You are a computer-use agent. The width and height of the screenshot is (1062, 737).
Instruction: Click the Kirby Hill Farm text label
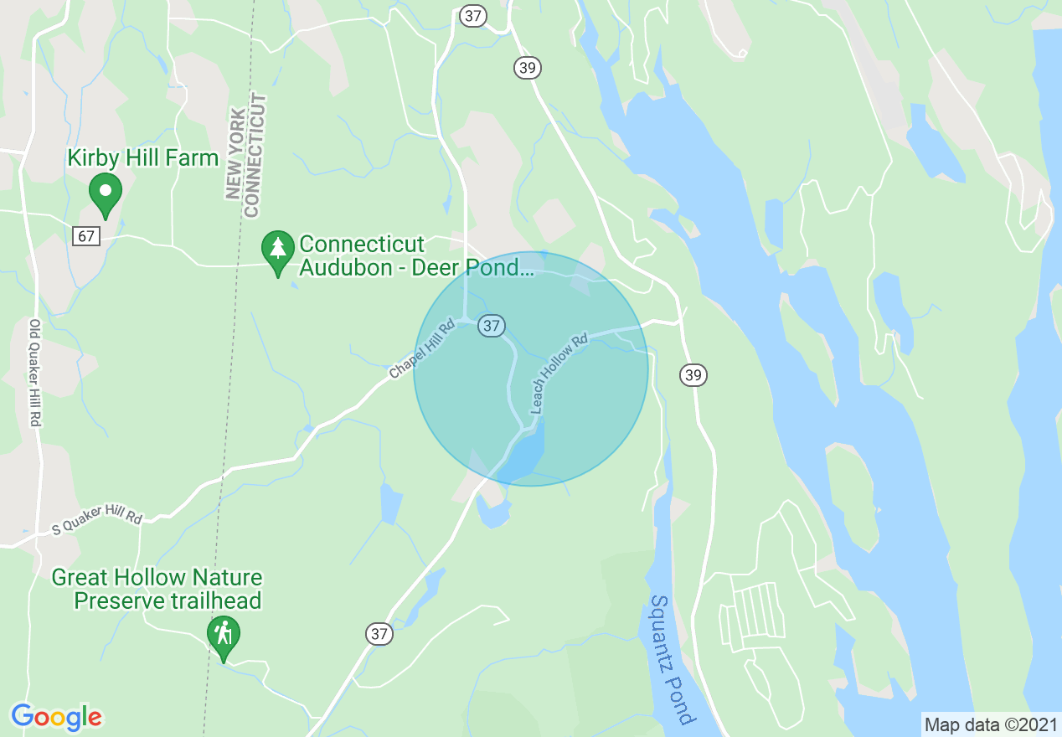(142, 157)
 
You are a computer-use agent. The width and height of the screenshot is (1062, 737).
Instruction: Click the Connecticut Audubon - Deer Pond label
(415, 256)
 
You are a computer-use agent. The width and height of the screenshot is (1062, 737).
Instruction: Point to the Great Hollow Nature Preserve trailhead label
(157, 589)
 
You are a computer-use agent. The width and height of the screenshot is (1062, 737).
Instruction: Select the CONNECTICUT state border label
(256, 155)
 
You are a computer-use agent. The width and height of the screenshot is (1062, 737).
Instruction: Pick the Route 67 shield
(86, 236)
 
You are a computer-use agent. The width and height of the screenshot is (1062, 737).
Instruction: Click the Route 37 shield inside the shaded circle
(492, 325)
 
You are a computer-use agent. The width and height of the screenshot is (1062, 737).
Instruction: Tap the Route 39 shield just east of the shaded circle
(693, 374)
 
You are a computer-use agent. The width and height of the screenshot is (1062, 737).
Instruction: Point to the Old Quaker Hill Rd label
(35, 374)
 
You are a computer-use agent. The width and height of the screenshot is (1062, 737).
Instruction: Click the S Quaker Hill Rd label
(97, 512)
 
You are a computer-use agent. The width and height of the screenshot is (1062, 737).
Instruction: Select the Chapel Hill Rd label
(421, 348)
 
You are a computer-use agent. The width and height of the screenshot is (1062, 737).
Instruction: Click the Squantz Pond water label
(673, 659)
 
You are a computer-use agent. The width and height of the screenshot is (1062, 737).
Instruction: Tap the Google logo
(57, 717)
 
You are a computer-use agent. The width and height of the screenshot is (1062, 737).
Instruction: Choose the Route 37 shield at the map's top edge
(473, 15)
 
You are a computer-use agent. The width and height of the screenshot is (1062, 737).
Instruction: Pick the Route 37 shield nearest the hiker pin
(379, 634)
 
